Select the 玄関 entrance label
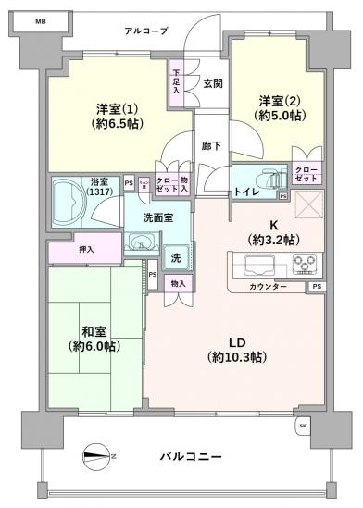pos(212,84)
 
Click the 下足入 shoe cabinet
pos(177,81)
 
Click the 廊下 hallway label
pos(211,145)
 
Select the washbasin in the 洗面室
pos(141,243)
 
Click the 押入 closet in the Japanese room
pos(84,249)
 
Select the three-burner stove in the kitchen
pos(304,266)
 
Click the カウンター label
pos(268,288)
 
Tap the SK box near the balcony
pos(303,426)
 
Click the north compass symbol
pos(97,454)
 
